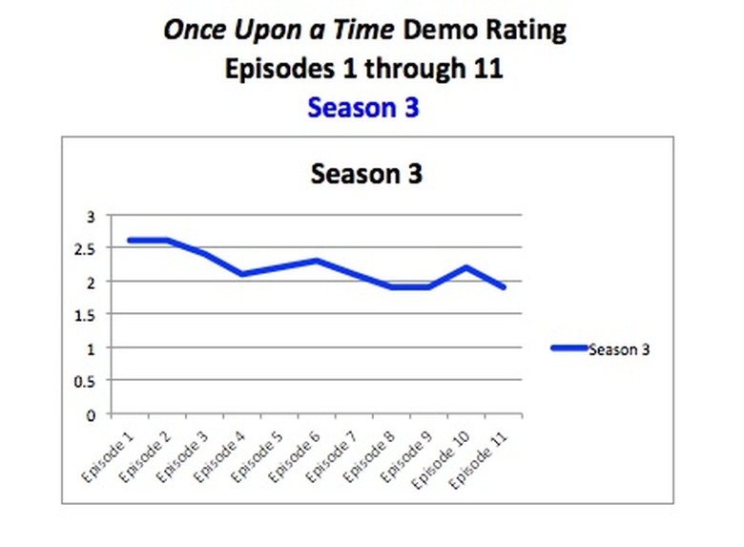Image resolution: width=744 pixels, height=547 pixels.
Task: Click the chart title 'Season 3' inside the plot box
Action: point(366,175)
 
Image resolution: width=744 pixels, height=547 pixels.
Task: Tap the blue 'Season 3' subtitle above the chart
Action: point(363,108)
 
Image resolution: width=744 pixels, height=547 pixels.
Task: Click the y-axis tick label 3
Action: point(93,216)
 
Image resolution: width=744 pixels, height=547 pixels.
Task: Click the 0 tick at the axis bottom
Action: point(93,414)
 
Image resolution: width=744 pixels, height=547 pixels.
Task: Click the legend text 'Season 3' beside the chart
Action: point(619,349)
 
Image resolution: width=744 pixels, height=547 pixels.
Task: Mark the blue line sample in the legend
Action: point(568,348)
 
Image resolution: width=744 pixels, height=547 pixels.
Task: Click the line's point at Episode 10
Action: point(466,267)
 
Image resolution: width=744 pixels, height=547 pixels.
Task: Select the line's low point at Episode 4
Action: point(242,274)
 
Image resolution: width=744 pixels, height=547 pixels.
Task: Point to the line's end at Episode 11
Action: point(504,287)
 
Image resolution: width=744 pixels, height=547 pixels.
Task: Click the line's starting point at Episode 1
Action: point(130,241)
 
